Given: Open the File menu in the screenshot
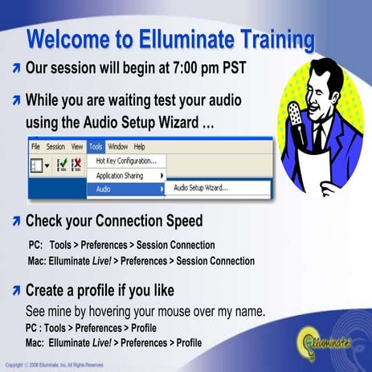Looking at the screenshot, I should click(x=35, y=147).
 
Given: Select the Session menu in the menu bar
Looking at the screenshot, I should click(x=55, y=147).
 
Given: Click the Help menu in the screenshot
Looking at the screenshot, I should click(x=139, y=147).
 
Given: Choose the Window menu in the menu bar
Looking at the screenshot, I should click(x=117, y=147).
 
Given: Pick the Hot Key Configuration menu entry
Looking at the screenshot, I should click(x=126, y=161).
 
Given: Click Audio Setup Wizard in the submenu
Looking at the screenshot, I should click(x=201, y=189).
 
